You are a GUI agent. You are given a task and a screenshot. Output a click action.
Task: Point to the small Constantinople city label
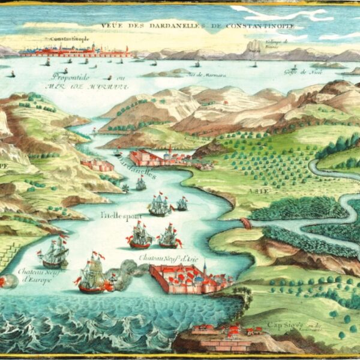point(67,40)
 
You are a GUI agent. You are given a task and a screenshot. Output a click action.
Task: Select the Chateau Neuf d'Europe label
point(34,275)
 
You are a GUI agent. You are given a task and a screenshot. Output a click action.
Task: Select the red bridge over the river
point(244,223)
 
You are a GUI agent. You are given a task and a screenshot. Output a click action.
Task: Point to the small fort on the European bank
point(97,164)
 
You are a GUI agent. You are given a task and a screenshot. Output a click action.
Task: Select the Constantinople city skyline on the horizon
point(75,52)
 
